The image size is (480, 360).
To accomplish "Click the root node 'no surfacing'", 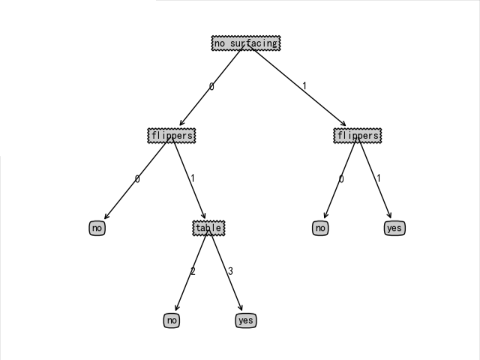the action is click(245, 43).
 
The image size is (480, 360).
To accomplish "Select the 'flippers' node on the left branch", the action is click(172, 136).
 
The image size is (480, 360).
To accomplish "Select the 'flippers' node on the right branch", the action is click(357, 136).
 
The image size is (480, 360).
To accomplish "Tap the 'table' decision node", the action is click(208, 228).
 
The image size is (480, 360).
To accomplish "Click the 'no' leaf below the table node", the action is click(172, 320).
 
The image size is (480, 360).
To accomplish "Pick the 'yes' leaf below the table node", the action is click(245, 320).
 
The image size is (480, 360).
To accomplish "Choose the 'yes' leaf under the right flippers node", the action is click(394, 228).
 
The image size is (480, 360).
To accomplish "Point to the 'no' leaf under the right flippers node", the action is click(320, 228).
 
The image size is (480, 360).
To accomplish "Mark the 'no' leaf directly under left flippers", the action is click(97, 228).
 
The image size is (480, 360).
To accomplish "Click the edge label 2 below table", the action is click(193, 271).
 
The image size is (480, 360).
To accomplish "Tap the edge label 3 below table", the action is click(230, 271).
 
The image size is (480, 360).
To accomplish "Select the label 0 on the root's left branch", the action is click(211, 86).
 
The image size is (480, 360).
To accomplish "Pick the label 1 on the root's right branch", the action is click(304, 86).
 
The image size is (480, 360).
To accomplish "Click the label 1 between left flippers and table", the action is click(193, 178).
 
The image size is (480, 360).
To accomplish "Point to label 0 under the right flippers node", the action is click(341, 178).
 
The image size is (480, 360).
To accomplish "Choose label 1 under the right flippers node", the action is click(379, 178).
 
